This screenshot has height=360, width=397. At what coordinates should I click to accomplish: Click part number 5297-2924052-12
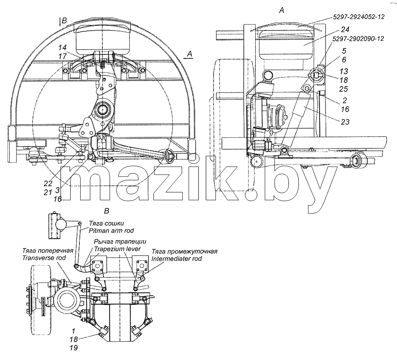[x=358, y=17]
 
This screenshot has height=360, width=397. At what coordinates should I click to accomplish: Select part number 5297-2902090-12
[x=358, y=39]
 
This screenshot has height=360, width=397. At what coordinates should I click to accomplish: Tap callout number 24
[x=345, y=30]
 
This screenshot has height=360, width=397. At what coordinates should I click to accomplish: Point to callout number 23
[x=345, y=122]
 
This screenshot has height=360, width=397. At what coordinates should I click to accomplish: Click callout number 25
[x=344, y=89]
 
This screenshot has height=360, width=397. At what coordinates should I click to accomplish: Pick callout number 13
[x=344, y=71]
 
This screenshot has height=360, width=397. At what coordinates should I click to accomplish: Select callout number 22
[x=48, y=183]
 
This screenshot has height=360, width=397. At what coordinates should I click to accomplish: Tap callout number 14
[x=62, y=48]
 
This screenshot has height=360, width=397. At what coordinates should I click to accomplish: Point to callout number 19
[x=73, y=348]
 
